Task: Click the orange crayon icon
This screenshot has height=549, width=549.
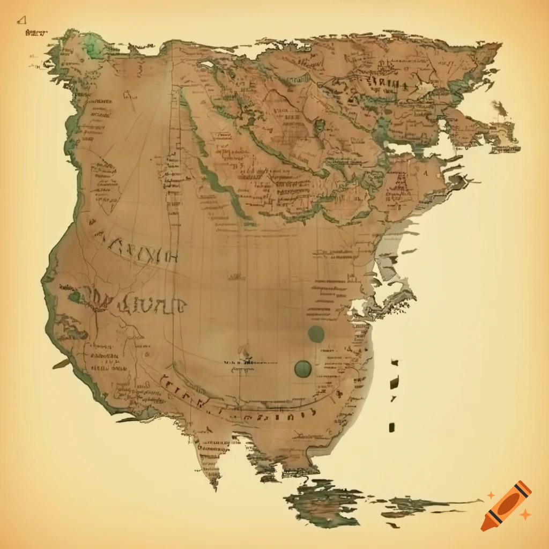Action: click(506, 506)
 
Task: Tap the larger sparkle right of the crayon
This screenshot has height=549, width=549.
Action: click(526, 515)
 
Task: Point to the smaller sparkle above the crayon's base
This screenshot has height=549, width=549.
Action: click(490, 495)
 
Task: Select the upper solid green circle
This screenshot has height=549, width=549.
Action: click(316, 334)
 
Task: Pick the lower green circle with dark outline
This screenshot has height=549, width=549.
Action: click(303, 368)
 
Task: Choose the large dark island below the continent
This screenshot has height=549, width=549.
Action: click(322, 501)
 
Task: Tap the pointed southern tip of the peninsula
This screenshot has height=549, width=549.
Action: click(215, 485)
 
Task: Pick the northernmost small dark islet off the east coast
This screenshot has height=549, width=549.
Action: click(395, 362)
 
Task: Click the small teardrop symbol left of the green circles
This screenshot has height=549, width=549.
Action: click(244, 353)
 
